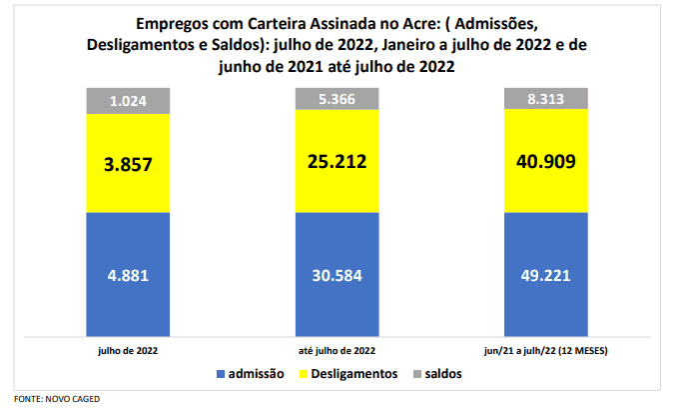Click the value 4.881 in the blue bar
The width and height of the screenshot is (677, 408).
coord(128,278)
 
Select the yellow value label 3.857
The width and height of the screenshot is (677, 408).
coord(128,164)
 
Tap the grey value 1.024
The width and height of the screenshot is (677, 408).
coord(128,101)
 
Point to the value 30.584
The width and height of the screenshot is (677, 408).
coord(338,278)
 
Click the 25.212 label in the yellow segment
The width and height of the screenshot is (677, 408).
coord(338,161)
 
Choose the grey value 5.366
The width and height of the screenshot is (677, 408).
coord(338,98)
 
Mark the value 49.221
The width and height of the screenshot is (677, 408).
coord(546,278)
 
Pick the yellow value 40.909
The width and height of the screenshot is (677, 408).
coord(546,161)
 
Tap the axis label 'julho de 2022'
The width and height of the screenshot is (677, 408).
coord(128,350)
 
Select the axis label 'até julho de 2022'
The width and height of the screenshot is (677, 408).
coord(338,350)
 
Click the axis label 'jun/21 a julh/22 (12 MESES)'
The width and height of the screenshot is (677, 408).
coord(546,350)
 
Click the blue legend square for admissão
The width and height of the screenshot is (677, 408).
coord(221,374)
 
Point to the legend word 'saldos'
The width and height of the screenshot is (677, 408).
coord(443,374)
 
